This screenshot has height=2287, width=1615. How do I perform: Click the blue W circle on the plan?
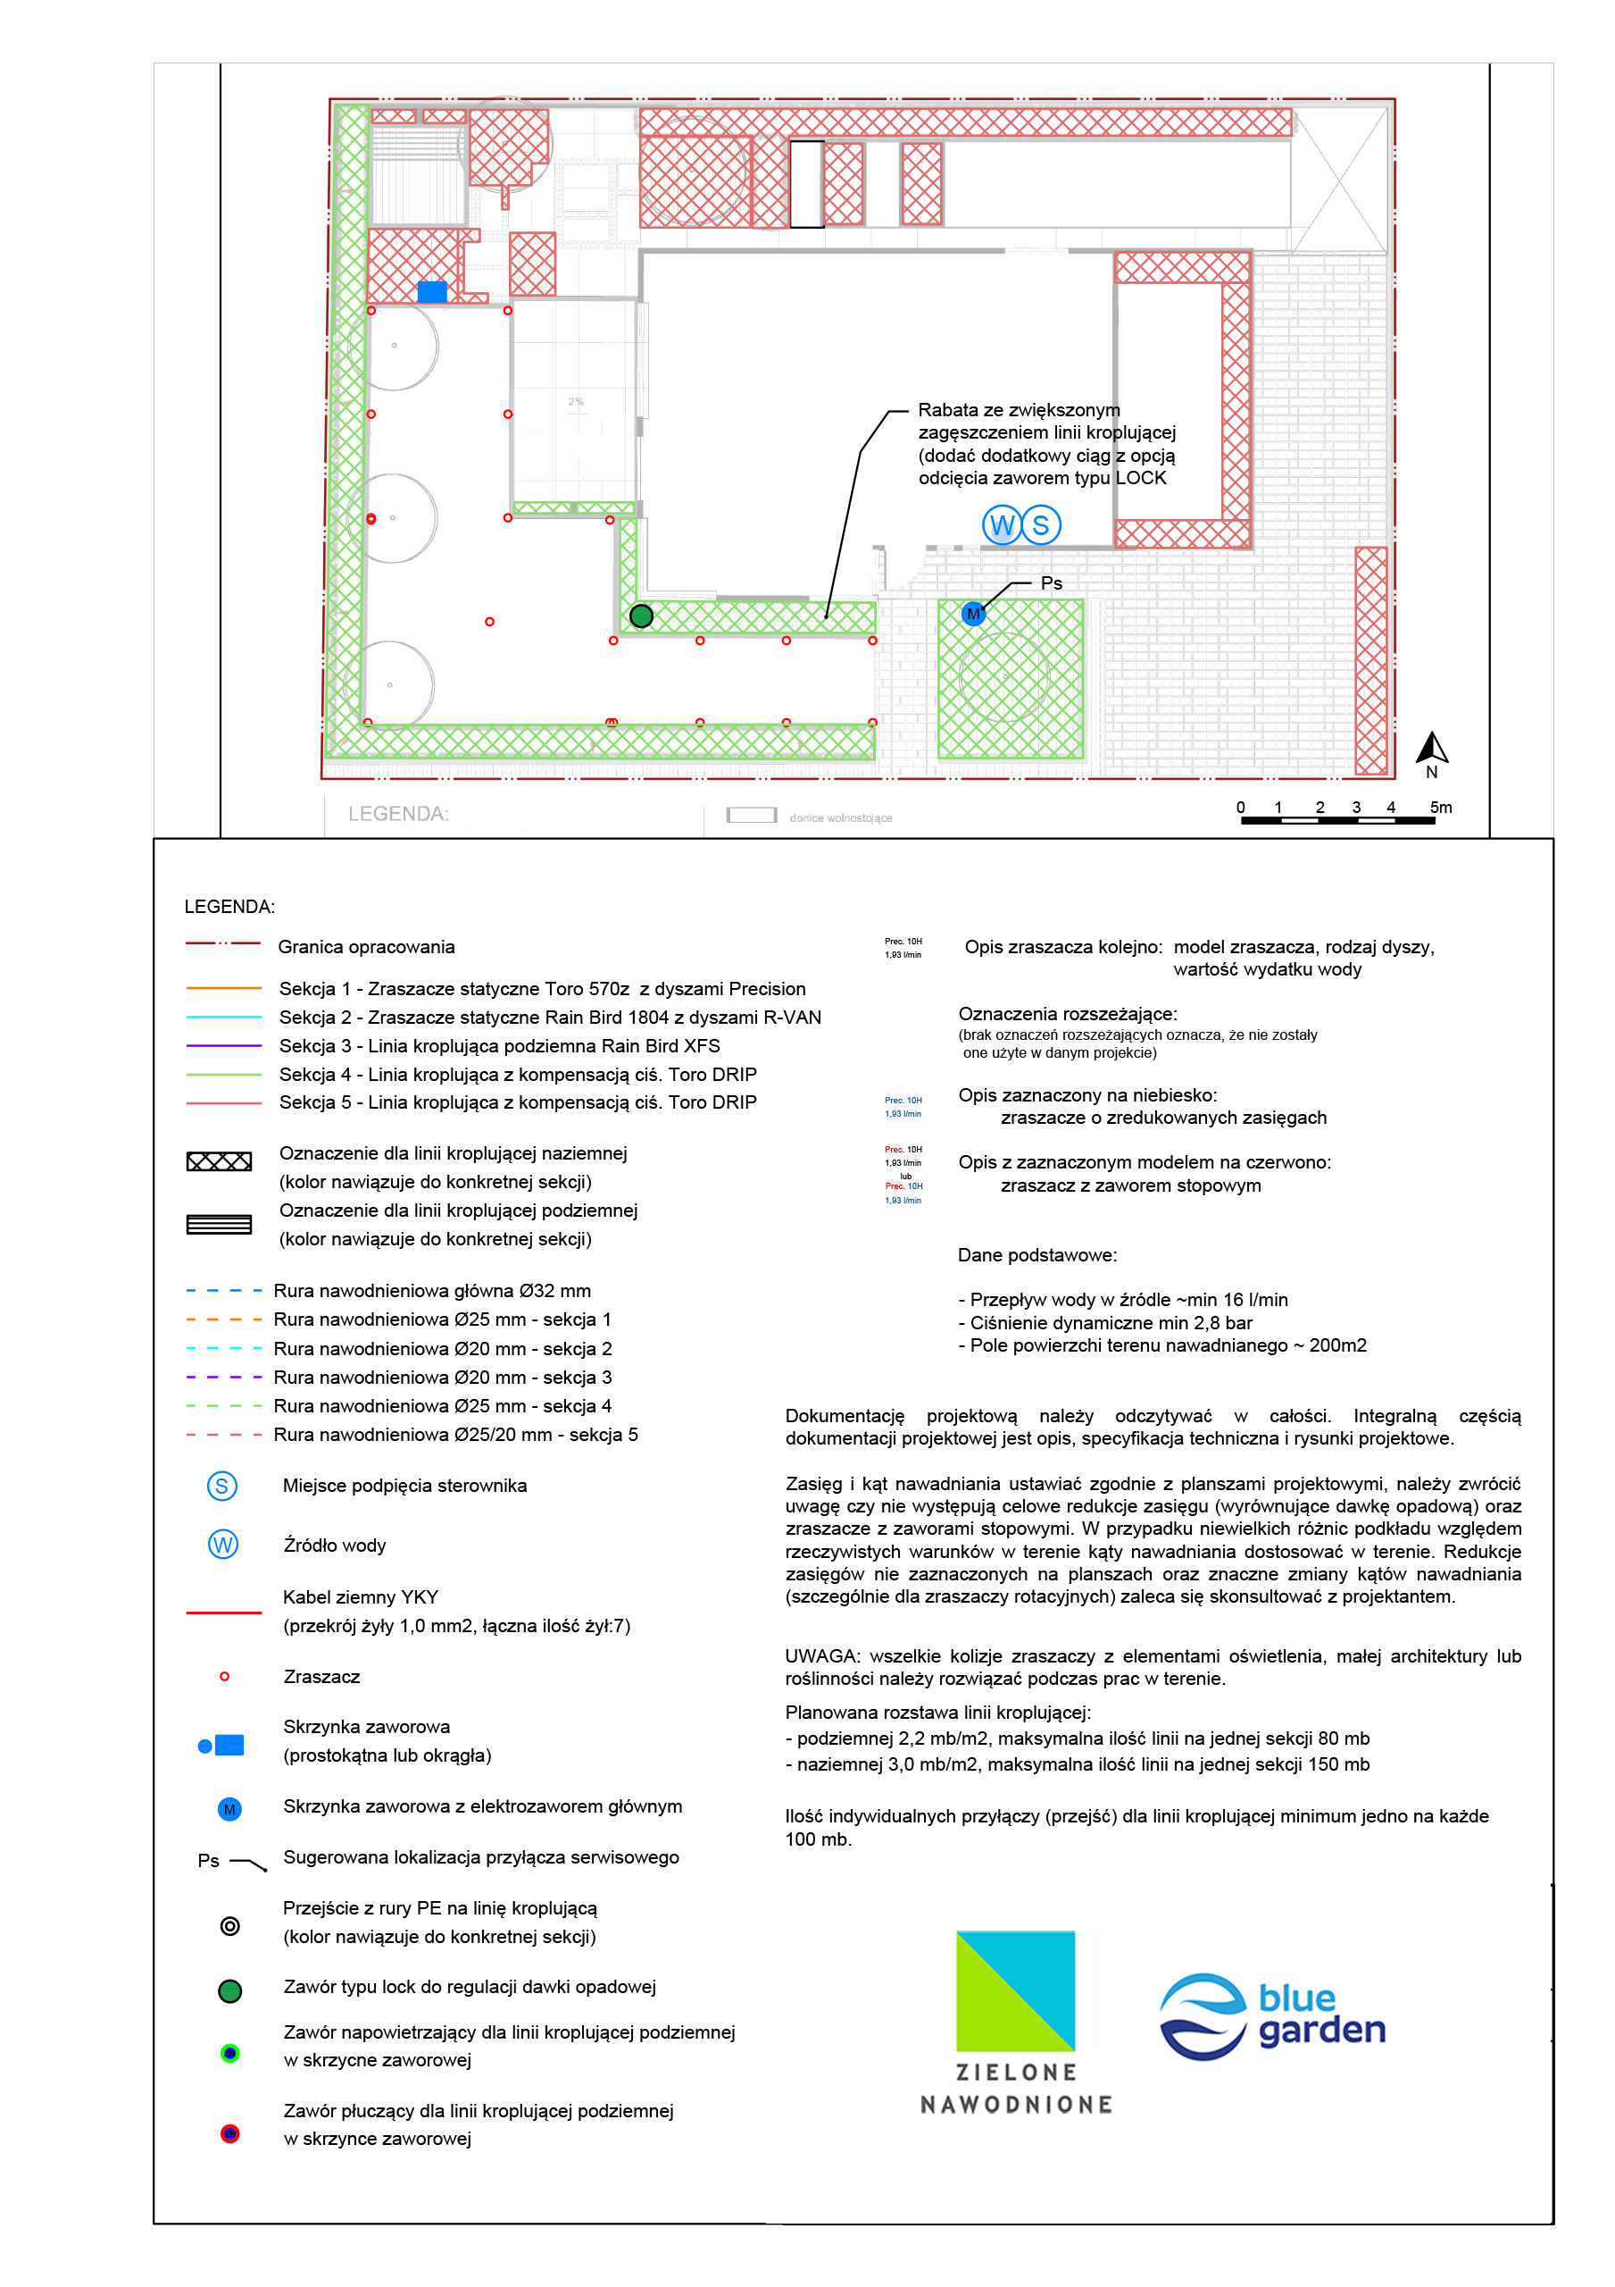pyautogui.click(x=1002, y=525)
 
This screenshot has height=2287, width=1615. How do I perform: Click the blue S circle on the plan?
pyautogui.click(x=1040, y=525)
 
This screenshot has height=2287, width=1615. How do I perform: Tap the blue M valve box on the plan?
pyautogui.click(x=973, y=614)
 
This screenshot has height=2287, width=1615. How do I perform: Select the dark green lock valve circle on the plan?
pyautogui.click(x=641, y=616)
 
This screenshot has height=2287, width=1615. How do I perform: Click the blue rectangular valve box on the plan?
pyautogui.click(x=432, y=291)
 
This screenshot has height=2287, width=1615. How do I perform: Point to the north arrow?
pyautogui.click(x=1432, y=749)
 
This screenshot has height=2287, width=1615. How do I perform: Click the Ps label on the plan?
pyautogui.click(x=1052, y=583)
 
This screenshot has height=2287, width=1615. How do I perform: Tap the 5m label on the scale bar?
pyautogui.click(x=1441, y=807)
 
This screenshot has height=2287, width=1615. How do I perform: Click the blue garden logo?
pyautogui.click(x=1272, y=2016)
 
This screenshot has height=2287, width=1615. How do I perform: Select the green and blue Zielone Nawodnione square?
pyautogui.click(x=1016, y=1990)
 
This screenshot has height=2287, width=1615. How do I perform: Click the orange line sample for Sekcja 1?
pyautogui.click(x=223, y=988)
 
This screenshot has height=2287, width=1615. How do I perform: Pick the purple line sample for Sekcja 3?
pyautogui.click(x=223, y=1045)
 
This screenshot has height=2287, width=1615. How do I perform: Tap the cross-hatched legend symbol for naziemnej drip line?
pyautogui.click(x=219, y=1161)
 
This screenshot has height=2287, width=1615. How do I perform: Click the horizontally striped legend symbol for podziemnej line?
pyautogui.click(x=219, y=1224)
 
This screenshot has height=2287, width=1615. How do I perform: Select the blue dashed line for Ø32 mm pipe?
pyautogui.click(x=223, y=1290)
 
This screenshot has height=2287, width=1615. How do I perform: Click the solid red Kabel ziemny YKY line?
pyautogui.click(x=223, y=1612)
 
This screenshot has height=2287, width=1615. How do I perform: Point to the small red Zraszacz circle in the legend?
pyautogui.click(x=225, y=1677)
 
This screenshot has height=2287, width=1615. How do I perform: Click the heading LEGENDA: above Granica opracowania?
pyautogui.click(x=229, y=907)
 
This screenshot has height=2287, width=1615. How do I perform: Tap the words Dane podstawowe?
pyautogui.click(x=1036, y=1255)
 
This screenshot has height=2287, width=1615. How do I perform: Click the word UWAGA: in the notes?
pyautogui.click(x=821, y=1655)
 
